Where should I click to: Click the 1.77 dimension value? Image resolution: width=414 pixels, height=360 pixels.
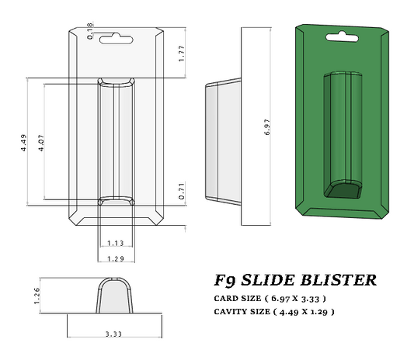181,54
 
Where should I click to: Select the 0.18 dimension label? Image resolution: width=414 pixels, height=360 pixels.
90,30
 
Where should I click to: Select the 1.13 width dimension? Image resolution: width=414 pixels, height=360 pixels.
115,243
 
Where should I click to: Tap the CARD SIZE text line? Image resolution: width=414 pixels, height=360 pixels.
270,298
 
